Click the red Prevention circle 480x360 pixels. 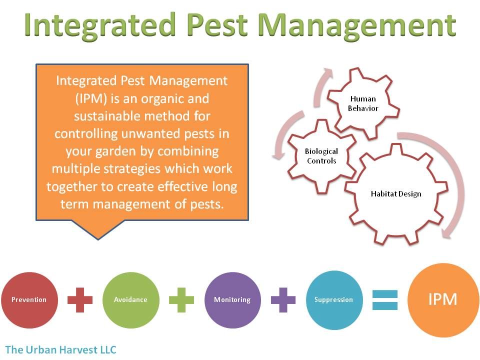pos(29,300)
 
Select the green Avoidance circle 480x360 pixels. pos(131,300)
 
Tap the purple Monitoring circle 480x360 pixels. pos(232,300)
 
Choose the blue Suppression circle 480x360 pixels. pos(334,300)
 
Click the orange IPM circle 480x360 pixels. pos(443,300)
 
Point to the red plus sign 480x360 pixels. pos(80,300)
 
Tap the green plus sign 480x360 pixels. pos(181,300)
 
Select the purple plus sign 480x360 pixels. pos(283,300)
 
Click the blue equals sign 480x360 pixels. pos(385,300)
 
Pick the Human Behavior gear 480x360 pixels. pos(363,103)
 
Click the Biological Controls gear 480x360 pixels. pos(321,156)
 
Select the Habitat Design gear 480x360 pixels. pos(396,194)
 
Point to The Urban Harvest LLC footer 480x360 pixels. pos(60,349)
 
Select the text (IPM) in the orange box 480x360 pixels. pos(91,99)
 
